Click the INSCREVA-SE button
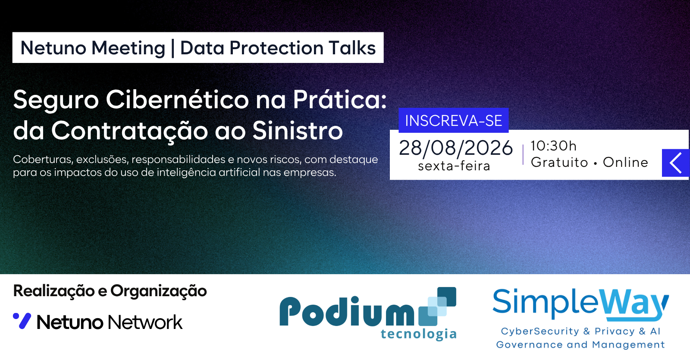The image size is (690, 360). (453, 120)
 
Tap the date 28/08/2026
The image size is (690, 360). (456, 148)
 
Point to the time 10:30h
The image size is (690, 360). (553, 146)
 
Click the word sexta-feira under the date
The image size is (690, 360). (454, 166)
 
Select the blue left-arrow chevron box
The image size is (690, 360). (675, 163)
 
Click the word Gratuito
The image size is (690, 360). (559, 162)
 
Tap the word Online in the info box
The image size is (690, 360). (625, 162)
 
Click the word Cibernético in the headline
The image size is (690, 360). (177, 100)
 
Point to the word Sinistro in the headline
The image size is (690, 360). (298, 130)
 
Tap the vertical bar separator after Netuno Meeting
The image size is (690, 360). (172, 48)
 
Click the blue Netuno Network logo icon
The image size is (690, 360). (22, 321)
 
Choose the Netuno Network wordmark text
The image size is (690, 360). (110, 322)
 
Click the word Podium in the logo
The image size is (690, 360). (347, 311)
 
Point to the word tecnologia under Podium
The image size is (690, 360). (419, 334)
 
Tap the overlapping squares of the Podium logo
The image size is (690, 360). (437, 306)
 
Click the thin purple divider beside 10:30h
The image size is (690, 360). (523, 155)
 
